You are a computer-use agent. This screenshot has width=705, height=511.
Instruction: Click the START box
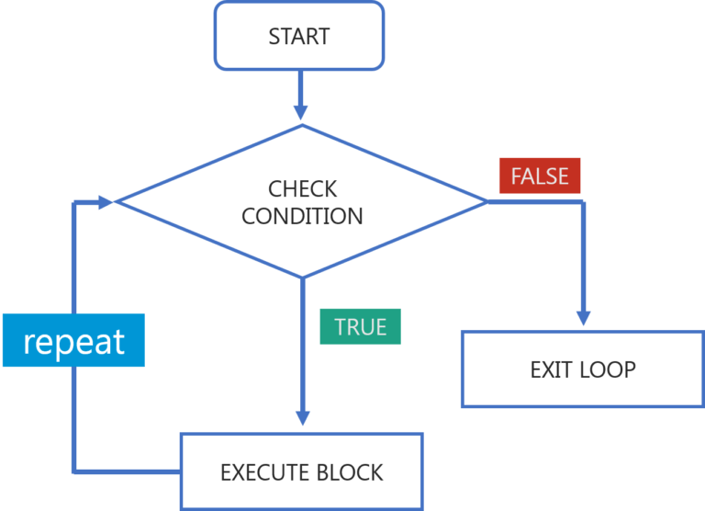tap(298, 37)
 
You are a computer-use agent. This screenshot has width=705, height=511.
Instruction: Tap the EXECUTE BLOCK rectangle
tap(301, 471)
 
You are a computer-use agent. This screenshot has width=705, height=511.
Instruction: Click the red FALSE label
tap(540, 176)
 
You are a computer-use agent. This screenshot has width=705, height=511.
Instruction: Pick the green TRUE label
tap(360, 326)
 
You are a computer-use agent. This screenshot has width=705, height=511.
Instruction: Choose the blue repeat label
tap(73, 341)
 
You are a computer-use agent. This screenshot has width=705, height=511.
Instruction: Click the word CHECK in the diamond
tap(303, 189)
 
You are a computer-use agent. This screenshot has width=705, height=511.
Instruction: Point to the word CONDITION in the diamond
tap(302, 217)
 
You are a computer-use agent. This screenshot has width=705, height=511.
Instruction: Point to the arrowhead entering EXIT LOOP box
tap(582, 318)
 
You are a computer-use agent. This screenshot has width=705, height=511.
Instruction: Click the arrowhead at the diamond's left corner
tap(105, 201)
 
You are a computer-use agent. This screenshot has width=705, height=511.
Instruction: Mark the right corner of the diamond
tap(489, 200)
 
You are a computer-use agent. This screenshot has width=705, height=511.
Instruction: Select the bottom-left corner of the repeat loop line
tap(74, 471)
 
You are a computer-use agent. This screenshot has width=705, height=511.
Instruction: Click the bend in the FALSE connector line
tap(582, 201)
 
